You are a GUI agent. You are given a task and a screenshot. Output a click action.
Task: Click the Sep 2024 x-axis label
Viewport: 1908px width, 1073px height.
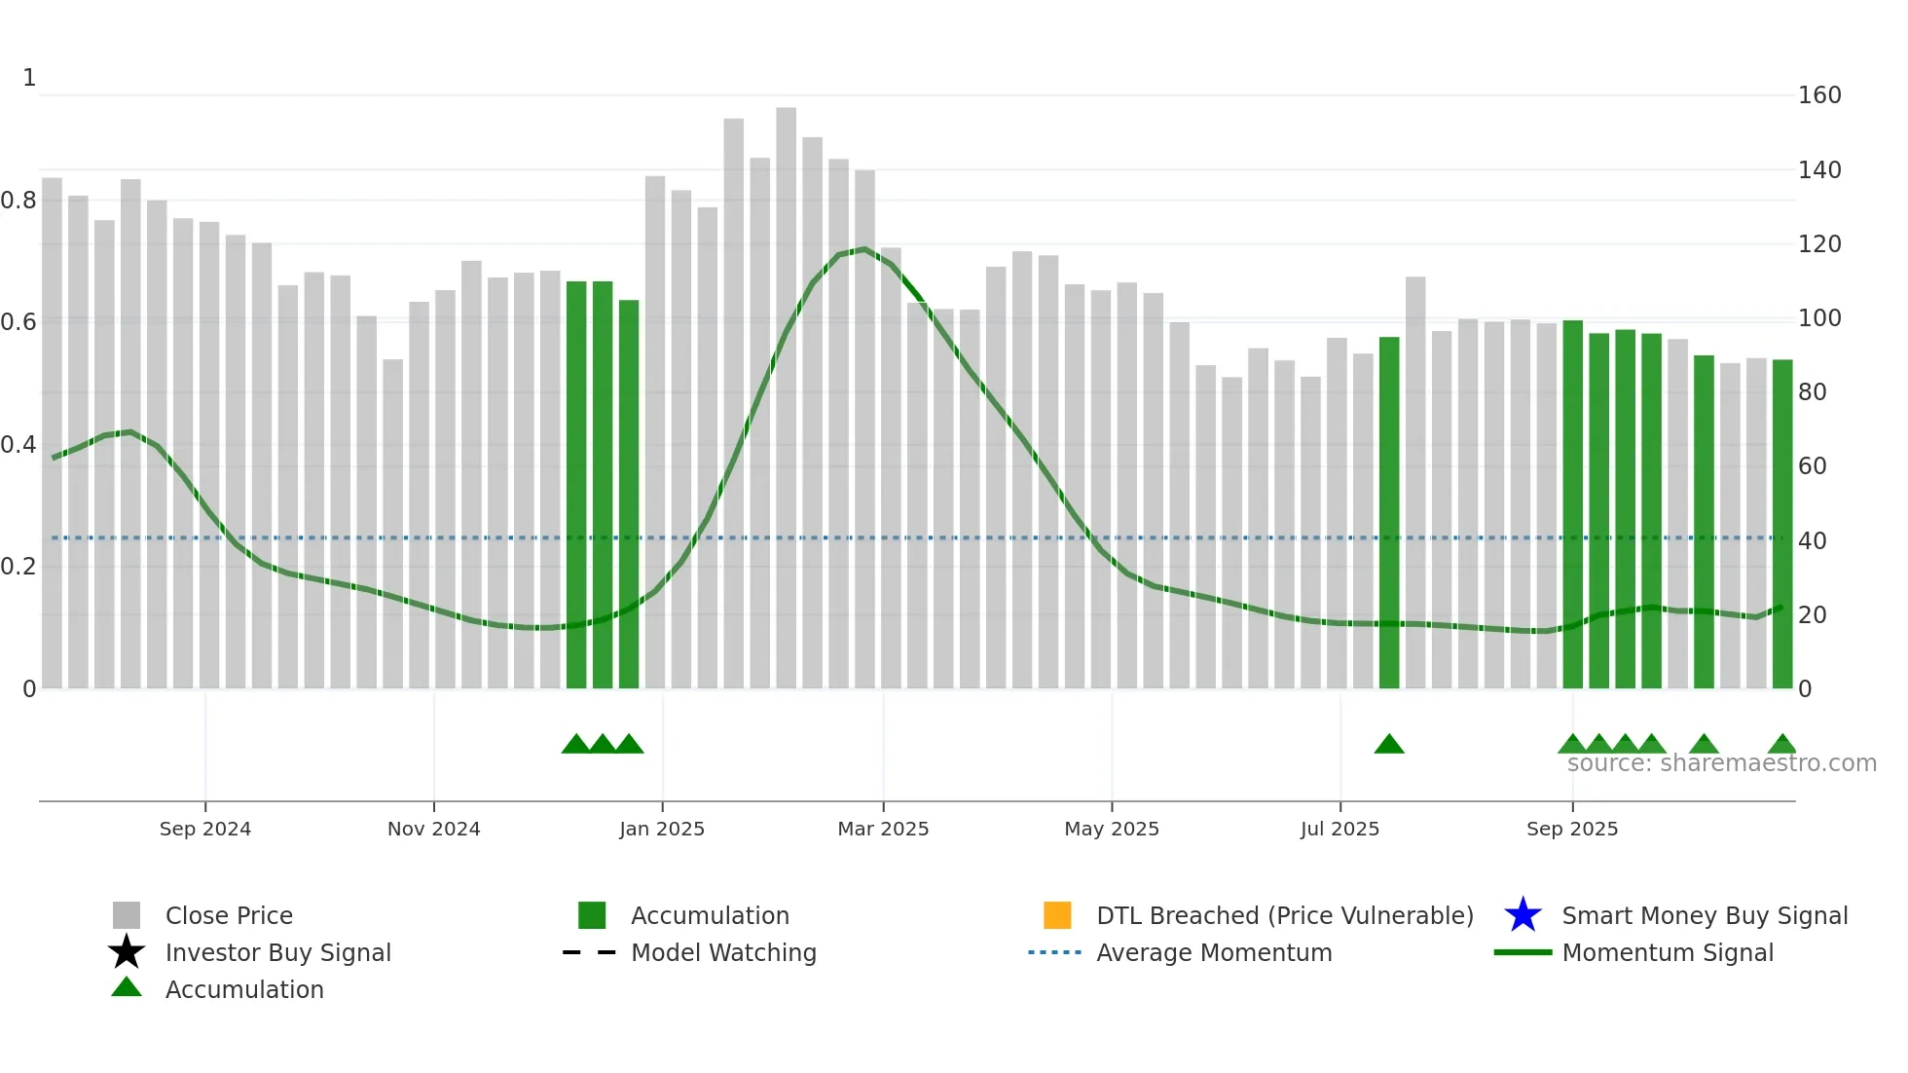coord(204,829)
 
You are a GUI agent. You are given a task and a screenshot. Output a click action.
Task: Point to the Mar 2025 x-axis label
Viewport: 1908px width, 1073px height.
coord(883,829)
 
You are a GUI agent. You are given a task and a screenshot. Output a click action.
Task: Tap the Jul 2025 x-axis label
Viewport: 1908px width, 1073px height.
coord(1339,829)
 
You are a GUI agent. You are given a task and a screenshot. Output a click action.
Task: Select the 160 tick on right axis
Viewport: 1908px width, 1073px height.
coord(1818,95)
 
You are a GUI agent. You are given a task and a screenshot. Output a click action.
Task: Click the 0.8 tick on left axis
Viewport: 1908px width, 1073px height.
coord(18,201)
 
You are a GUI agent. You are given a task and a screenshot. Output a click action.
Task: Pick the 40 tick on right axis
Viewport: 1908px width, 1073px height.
coord(1812,540)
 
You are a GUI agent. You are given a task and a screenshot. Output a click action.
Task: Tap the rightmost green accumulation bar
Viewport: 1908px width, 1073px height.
coord(1781,526)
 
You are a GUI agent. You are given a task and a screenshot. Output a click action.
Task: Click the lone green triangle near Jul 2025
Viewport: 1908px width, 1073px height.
coord(1388,745)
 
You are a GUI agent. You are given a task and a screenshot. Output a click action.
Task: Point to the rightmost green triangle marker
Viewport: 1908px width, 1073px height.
coord(1781,745)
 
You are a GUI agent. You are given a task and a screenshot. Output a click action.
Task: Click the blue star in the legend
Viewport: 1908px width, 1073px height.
coord(1523,915)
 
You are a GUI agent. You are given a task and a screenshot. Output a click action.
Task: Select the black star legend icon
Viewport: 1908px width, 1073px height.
coord(127,952)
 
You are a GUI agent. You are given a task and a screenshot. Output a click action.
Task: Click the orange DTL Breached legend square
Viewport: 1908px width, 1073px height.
coord(1057,915)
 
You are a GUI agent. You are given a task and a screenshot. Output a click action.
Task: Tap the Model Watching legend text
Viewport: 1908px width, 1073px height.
coord(723,952)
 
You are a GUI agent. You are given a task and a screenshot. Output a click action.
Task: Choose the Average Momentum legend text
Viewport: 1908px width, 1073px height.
coord(1214,952)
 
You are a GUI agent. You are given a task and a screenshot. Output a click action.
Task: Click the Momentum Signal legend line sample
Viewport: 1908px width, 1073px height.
coord(1523,952)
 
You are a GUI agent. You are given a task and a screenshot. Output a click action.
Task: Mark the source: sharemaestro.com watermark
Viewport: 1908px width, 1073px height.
coord(1721,763)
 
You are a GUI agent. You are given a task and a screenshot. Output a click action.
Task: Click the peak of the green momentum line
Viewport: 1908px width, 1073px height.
coord(863,249)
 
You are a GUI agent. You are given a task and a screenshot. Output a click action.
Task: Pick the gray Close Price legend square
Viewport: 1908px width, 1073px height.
coord(127,915)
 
